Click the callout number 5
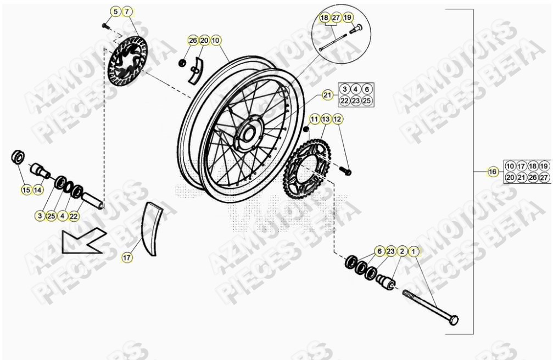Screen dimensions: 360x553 115,12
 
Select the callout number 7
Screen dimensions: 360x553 127,12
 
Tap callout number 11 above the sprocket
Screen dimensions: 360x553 315,119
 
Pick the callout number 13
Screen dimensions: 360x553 326,119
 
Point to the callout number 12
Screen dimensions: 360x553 338,119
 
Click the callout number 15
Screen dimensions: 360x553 26,190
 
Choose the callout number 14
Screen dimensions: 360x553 37,190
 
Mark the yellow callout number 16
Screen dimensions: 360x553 493,172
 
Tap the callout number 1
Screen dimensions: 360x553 414,251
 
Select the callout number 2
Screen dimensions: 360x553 403,251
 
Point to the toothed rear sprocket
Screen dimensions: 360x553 305,163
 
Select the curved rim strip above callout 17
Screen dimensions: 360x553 151,228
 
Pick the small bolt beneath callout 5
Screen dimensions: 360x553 106,25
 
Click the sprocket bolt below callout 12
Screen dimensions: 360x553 347,172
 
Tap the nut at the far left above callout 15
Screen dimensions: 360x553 18,156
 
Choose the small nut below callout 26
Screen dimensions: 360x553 182,62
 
